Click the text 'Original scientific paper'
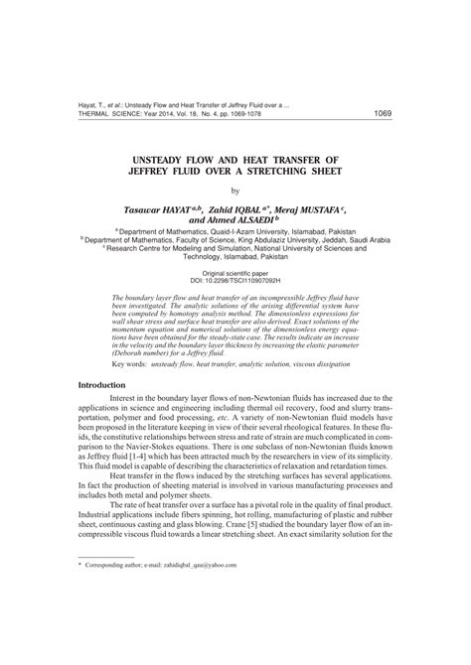click(x=235, y=271)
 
